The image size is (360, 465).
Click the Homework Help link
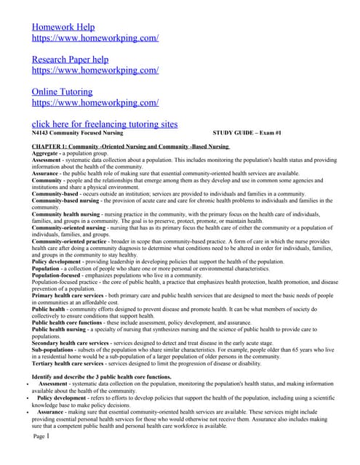point(63,27)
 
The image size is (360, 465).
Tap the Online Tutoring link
point(63,92)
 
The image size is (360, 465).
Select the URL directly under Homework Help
point(95,38)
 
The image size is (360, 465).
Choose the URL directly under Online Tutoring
point(95,103)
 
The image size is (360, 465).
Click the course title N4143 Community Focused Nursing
point(77,134)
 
